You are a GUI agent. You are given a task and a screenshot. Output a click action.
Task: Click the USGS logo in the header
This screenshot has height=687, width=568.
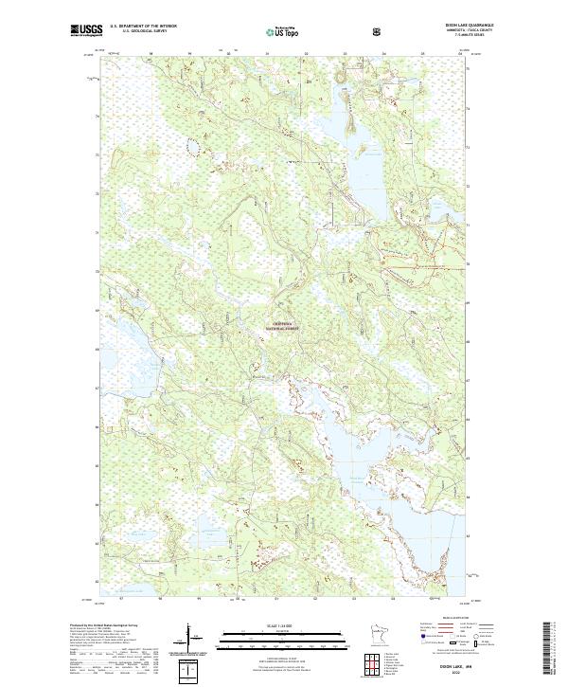pos(87,31)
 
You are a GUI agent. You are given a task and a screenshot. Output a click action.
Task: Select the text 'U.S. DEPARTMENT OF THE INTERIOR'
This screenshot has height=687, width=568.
pos(145,27)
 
